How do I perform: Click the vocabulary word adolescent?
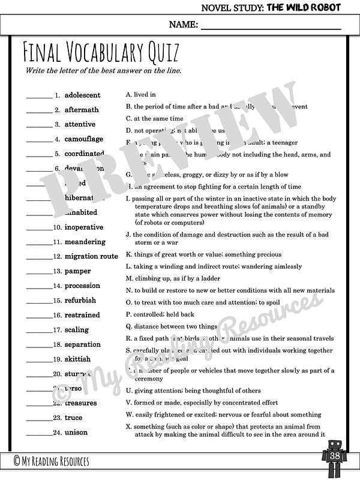point(82,95)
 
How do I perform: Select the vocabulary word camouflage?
point(83,139)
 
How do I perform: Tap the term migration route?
point(91,256)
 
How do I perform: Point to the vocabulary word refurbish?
point(80,300)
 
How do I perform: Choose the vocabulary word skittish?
point(77,359)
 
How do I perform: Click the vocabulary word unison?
point(76,432)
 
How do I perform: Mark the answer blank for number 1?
point(39,97)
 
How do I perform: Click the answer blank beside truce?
point(39,419)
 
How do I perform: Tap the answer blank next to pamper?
point(39,272)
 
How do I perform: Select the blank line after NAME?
point(270,28)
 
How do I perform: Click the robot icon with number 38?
point(334,457)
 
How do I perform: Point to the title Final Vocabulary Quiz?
point(101,54)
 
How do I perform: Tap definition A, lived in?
point(140,94)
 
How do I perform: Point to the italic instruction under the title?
point(103,71)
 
